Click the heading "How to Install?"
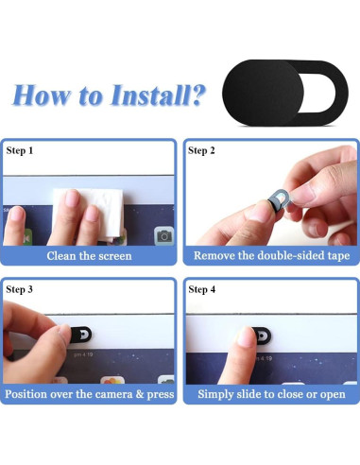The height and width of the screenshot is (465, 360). click(x=109, y=95)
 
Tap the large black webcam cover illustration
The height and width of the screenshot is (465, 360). click(x=285, y=93)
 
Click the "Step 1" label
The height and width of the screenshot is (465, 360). click(x=20, y=150)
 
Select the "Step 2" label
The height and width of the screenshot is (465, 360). click(x=201, y=150)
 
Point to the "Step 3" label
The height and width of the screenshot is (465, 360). click(x=19, y=289)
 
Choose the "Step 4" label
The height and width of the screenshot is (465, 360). click(x=202, y=289)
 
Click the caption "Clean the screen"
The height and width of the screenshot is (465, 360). click(x=89, y=256)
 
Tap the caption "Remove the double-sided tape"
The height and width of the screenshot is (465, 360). click(x=271, y=255)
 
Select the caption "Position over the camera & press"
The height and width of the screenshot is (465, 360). click(x=90, y=394)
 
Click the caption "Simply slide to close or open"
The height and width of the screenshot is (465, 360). click(x=271, y=394)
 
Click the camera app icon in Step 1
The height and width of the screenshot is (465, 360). click(x=163, y=236)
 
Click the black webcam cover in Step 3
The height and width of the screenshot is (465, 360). click(x=80, y=335)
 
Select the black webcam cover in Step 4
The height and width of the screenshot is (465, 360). click(x=263, y=336)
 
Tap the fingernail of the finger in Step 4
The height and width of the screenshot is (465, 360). click(x=246, y=336)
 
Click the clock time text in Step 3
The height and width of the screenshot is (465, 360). click(x=83, y=354)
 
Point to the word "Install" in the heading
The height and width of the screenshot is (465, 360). click(x=150, y=95)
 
